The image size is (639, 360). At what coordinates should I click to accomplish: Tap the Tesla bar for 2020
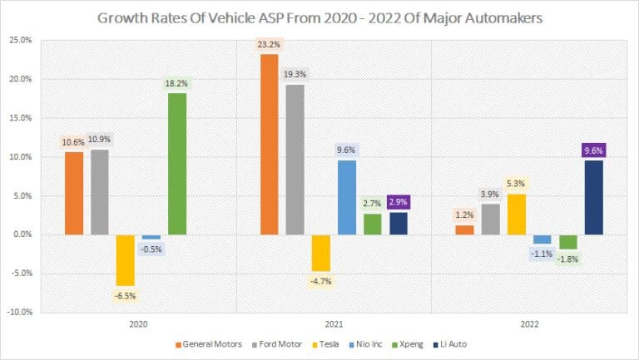[x=126, y=260]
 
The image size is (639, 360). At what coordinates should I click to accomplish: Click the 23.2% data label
[x=269, y=44]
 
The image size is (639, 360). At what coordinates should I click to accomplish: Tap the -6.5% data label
[x=126, y=295]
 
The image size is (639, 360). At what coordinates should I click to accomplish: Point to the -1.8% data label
[x=567, y=259]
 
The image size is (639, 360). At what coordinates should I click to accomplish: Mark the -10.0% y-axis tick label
[x=22, y=313]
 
